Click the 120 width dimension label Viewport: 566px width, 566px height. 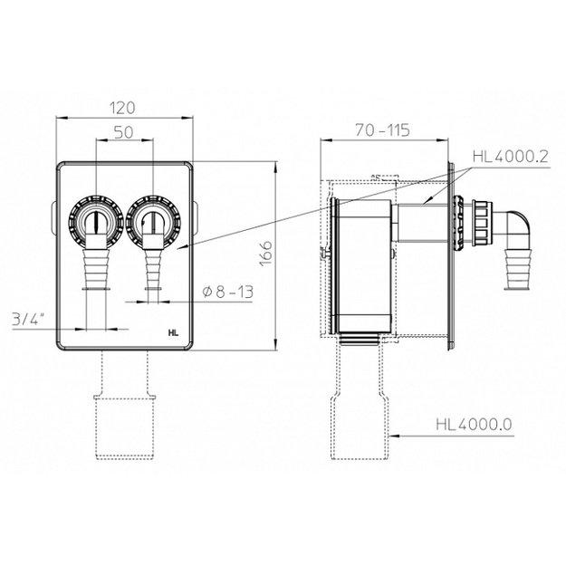click(123, 108)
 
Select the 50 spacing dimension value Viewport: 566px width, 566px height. click(124, 132)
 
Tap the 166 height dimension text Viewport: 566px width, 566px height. click(265, 254)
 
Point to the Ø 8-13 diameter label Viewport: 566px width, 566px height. click(228, 292)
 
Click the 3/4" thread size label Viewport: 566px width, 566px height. click(28, 320)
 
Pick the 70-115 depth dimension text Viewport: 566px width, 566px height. click(383, 130)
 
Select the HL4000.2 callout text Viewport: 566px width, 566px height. click(511, 157)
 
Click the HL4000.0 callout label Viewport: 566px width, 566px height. click(474, 424)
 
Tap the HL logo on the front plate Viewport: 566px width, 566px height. click(173, 333)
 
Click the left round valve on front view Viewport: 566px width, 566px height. click(96, 222)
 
